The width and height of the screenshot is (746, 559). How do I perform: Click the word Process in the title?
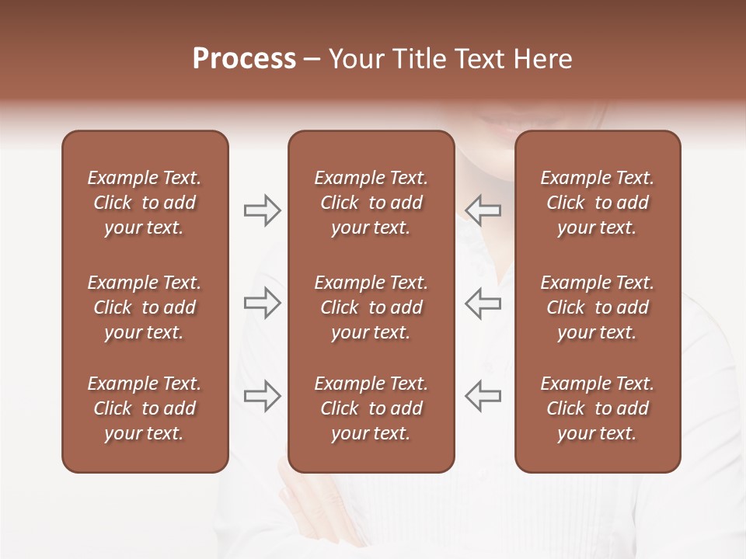(x=244, y=59)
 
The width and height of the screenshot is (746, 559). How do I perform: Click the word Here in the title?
(x=542, y=59)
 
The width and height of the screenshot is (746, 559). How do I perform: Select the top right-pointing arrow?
(x=262, y=210)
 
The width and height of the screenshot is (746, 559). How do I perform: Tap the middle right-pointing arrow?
(x=262, y=303)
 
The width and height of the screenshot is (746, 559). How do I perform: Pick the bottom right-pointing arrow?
(x=262, y=396)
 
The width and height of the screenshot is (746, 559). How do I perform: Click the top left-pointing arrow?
(x=483, y=210)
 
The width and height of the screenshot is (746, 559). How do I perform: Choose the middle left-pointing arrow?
(x=483, y=303)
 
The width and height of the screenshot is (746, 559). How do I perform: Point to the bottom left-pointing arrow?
(x=483, y=396)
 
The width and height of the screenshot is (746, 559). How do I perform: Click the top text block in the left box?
(x=145, y=203)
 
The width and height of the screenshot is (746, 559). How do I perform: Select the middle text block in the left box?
(x=145, y=307)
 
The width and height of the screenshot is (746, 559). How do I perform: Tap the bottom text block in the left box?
(x=145, y=408)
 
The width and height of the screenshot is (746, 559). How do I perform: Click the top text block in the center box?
(x=371, y=203)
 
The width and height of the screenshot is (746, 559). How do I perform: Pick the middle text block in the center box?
(x=371, y=307)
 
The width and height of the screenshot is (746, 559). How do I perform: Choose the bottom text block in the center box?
(x=371, y=408)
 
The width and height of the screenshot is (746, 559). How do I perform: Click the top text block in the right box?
(x=597, y=203)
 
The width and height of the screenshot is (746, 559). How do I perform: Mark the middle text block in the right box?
(x=597, y=307)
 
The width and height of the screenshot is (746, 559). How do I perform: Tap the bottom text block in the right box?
(x=597, y=408)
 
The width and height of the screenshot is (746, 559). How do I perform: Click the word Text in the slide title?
(x=478, y=59)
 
